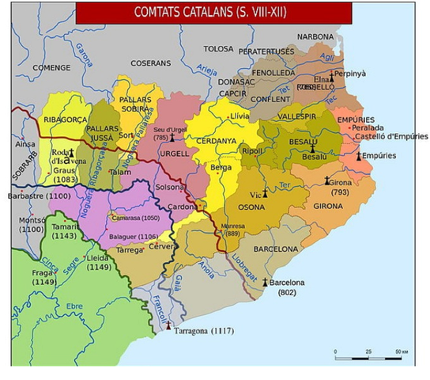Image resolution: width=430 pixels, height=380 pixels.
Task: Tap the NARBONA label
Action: click(x=315, y=37)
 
